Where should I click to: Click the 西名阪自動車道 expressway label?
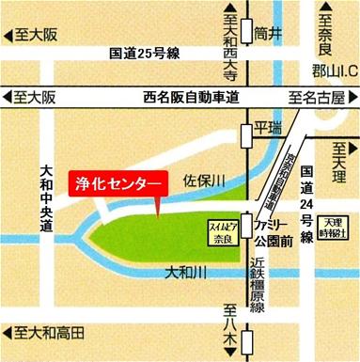pyautogui.click(x=189, y=97)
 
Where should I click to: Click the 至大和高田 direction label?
pyautogui.click(x=45, y=333)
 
